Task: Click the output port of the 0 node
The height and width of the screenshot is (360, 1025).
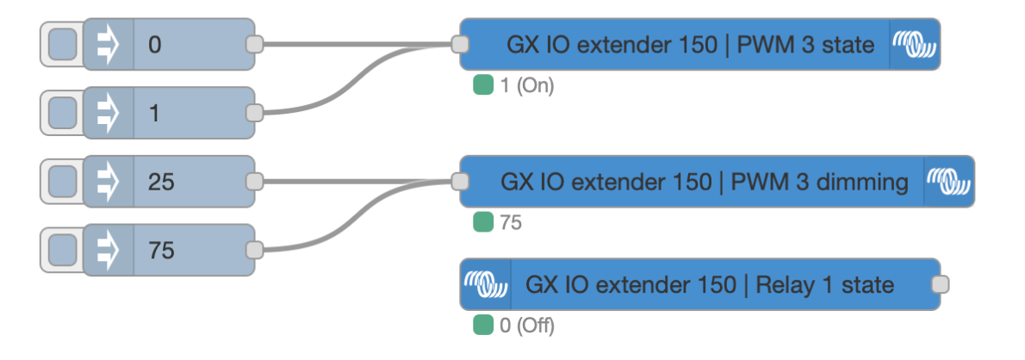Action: click(x=254, y=44)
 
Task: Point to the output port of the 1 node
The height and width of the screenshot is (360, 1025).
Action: click(x=254, y=113)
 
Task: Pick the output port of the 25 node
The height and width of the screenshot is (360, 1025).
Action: click(x=254, y=182)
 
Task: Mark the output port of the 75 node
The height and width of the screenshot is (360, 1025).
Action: click(x=254, y=251)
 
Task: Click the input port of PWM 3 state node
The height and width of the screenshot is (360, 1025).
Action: click(x=461, y=44)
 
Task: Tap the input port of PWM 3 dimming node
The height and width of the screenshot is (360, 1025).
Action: click(x=461, y=182)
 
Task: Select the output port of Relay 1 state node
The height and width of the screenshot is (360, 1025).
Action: click(x=941, y=284)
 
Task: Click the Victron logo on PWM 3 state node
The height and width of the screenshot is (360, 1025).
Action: click(x=914, y=44)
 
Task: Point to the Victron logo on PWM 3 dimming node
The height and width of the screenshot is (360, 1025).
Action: click(x=948, y=182)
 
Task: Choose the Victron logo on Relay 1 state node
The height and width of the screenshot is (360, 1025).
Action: click(x=487, y=284)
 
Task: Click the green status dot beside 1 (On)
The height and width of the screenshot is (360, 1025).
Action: click(x=482, y=85)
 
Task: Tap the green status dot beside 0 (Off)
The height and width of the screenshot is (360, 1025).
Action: click(x=482, y=326)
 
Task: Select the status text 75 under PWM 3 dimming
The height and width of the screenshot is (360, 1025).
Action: click(x=511, y=223)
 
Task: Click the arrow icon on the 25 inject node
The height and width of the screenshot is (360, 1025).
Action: click(x=109, y=182)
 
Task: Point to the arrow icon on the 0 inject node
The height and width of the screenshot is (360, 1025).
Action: click(x=109, y=44)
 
